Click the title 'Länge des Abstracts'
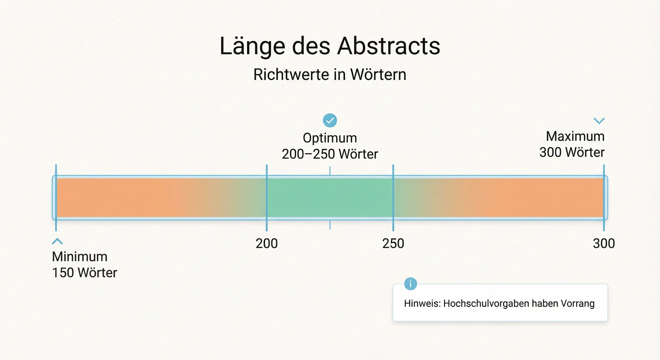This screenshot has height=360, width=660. [x=330, y=46]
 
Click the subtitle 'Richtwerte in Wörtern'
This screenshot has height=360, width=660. [x=330, y=75]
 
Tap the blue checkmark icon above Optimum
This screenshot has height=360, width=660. [x=330, y=120]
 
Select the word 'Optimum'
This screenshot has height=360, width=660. [x=330, y=138]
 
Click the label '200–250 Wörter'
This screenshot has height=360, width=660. [x=330, y=154]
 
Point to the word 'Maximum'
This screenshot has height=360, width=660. [x=575, y=136]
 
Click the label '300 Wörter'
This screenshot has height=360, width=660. [x=572, y=152]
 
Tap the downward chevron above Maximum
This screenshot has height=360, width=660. [x=599, y=121]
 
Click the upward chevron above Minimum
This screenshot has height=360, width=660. [x=57, y=241]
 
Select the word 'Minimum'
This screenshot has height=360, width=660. [x=79, y=257]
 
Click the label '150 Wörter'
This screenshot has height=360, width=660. [x=85, y=273]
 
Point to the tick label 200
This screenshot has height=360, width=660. [x=267, y=244]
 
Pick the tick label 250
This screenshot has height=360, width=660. [x=393, y=244]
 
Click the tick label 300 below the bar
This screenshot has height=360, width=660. [x=604, y=244]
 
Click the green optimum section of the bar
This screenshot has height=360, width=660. [x=330, y=198]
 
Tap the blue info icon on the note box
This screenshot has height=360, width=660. [x=410, y=284]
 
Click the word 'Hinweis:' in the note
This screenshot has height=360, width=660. [x=422, y=304]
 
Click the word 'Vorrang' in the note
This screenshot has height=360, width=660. [x=577, y=304]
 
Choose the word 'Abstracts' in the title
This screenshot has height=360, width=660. [x=389, y=46]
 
